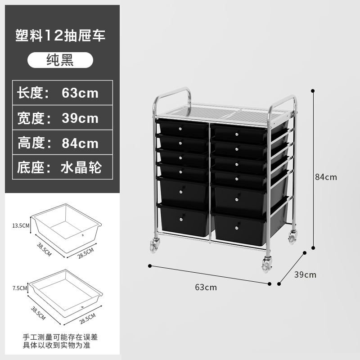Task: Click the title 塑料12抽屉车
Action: coord(60,36)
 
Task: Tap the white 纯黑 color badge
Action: coord(60,60)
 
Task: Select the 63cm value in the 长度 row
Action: coord(80,93)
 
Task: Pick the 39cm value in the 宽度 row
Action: coord(80,118)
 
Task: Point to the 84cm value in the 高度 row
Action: coord(80,143)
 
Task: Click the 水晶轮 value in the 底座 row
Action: coord(81,168)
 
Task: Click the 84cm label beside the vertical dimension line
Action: coord(326,177)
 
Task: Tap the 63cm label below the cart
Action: coord(206,287)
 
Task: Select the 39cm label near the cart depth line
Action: coord(305,274)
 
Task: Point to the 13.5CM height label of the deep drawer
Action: coord(20,225)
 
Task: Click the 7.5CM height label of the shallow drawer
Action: coord(20,287)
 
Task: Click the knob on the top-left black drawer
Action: coord(180,129)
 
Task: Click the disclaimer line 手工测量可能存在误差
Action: coord(60,337)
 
